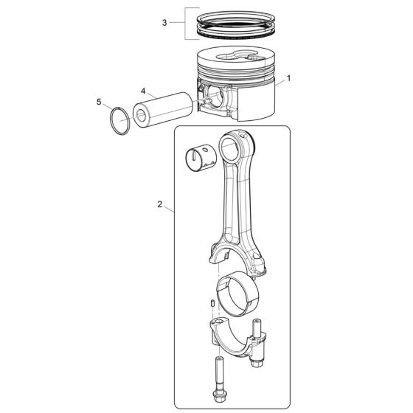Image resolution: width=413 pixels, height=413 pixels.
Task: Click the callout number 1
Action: pos(289,77)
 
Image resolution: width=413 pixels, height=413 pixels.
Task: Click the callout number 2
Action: pos(160,206)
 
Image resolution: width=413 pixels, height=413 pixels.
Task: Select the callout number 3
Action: pos(164,23)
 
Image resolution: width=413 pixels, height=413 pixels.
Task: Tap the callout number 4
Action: pos(144,91)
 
